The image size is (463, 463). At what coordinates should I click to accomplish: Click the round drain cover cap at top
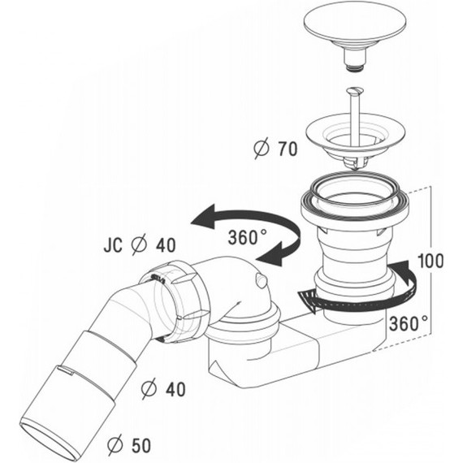click(x=355, y=24)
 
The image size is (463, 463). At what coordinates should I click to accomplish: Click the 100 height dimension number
click(x=431, y=261)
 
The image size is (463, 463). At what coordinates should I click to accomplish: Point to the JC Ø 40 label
click(x=140, y=244)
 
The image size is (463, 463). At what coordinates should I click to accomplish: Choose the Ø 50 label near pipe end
click(x=129, y=446)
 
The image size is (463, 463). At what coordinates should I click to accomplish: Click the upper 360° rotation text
click(x=248, y=237)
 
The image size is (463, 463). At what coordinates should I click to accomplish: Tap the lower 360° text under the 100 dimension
click(x=409, y=323)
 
